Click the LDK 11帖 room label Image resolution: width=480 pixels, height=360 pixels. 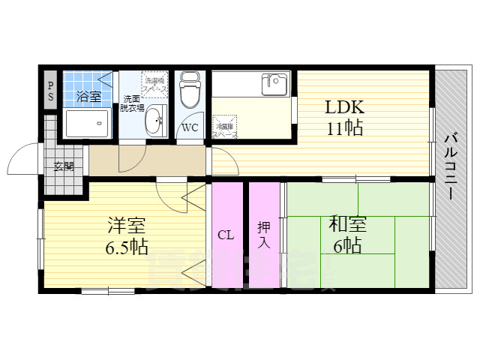pyautogui.click(x=343, y=117)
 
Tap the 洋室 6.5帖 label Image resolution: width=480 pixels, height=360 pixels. pyautogui.click(x=126, y=235)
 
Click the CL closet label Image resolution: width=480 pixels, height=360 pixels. pyautogui.click(x=226, y=235)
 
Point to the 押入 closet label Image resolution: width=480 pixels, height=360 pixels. pyautogui.click(x=264, y=234)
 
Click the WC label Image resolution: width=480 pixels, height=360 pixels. pyautogui.click(x=190, y=127)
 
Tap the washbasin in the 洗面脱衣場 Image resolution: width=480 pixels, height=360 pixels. pyautogui.click(x=156, y=120)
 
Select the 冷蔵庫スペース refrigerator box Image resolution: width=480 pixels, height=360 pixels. pyautogui.click(x=224, y=124)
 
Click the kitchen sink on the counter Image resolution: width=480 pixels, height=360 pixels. pyautogui.click(x=275, y=83)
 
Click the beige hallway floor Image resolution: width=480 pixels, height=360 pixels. pyautogui.click(x=146, y=160)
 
